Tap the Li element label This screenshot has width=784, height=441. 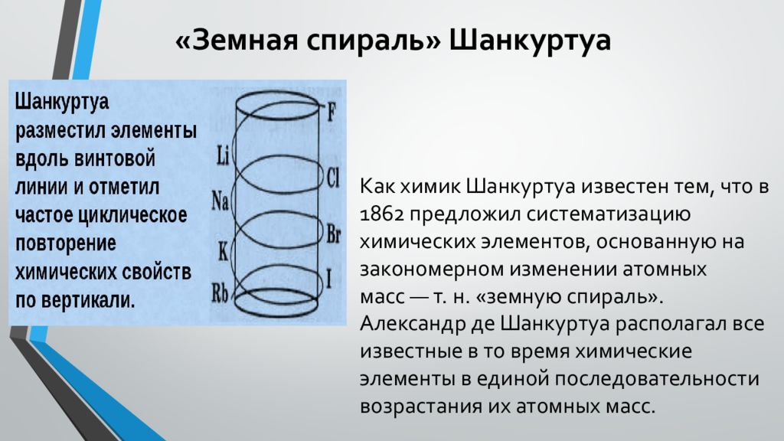click(223, 157)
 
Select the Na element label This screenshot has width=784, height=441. click(220, 201)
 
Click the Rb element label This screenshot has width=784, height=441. click(220, 292)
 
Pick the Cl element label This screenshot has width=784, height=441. click(332, 178)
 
